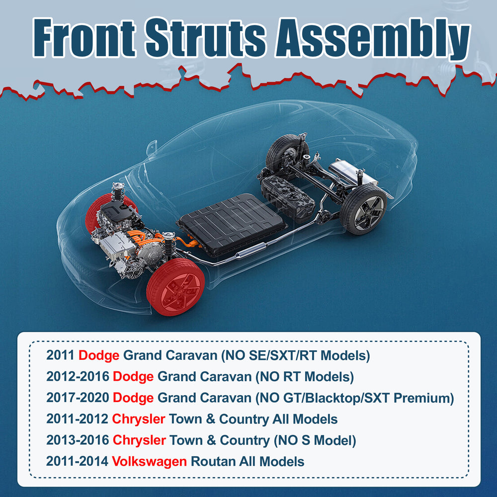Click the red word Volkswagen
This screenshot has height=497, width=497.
pyautogui.click(x=149, y=461)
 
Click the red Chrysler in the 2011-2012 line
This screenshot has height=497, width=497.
pyautogui.click(x=139, y=419)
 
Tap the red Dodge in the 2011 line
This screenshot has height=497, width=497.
pyautogui.click(x=99, y=355)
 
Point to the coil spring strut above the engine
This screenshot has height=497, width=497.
pyautogui.click(x=118, y=192)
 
